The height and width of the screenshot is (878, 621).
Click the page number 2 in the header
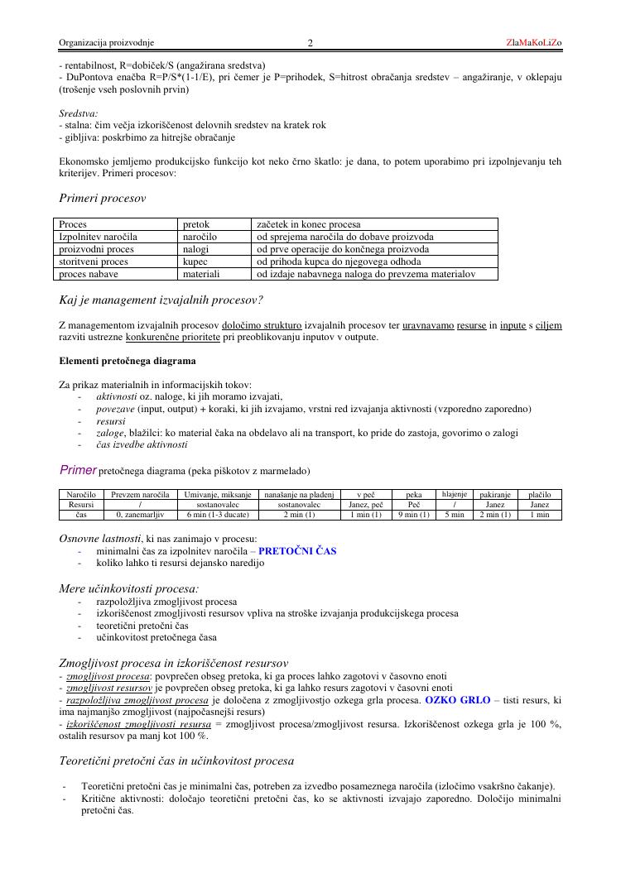coord(310,43)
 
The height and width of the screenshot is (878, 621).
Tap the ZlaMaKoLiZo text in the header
coord(534,42)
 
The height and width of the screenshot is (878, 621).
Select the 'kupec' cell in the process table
coord(195,261)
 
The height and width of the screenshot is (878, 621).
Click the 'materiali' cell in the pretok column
coord(201,273)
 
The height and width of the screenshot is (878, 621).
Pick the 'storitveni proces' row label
coord(94,261)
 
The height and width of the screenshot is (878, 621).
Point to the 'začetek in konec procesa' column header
coord(303,224)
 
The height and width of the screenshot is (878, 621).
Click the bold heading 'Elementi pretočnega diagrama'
coord(128,361)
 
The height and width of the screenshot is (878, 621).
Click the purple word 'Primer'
coord(77,470)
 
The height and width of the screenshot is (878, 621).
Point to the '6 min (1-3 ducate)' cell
coord(218,515)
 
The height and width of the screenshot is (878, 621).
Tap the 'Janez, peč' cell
coord(365,504)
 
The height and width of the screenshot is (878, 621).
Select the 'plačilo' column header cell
coord(539,494)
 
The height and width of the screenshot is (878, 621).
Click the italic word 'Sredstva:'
coord(79,113)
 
